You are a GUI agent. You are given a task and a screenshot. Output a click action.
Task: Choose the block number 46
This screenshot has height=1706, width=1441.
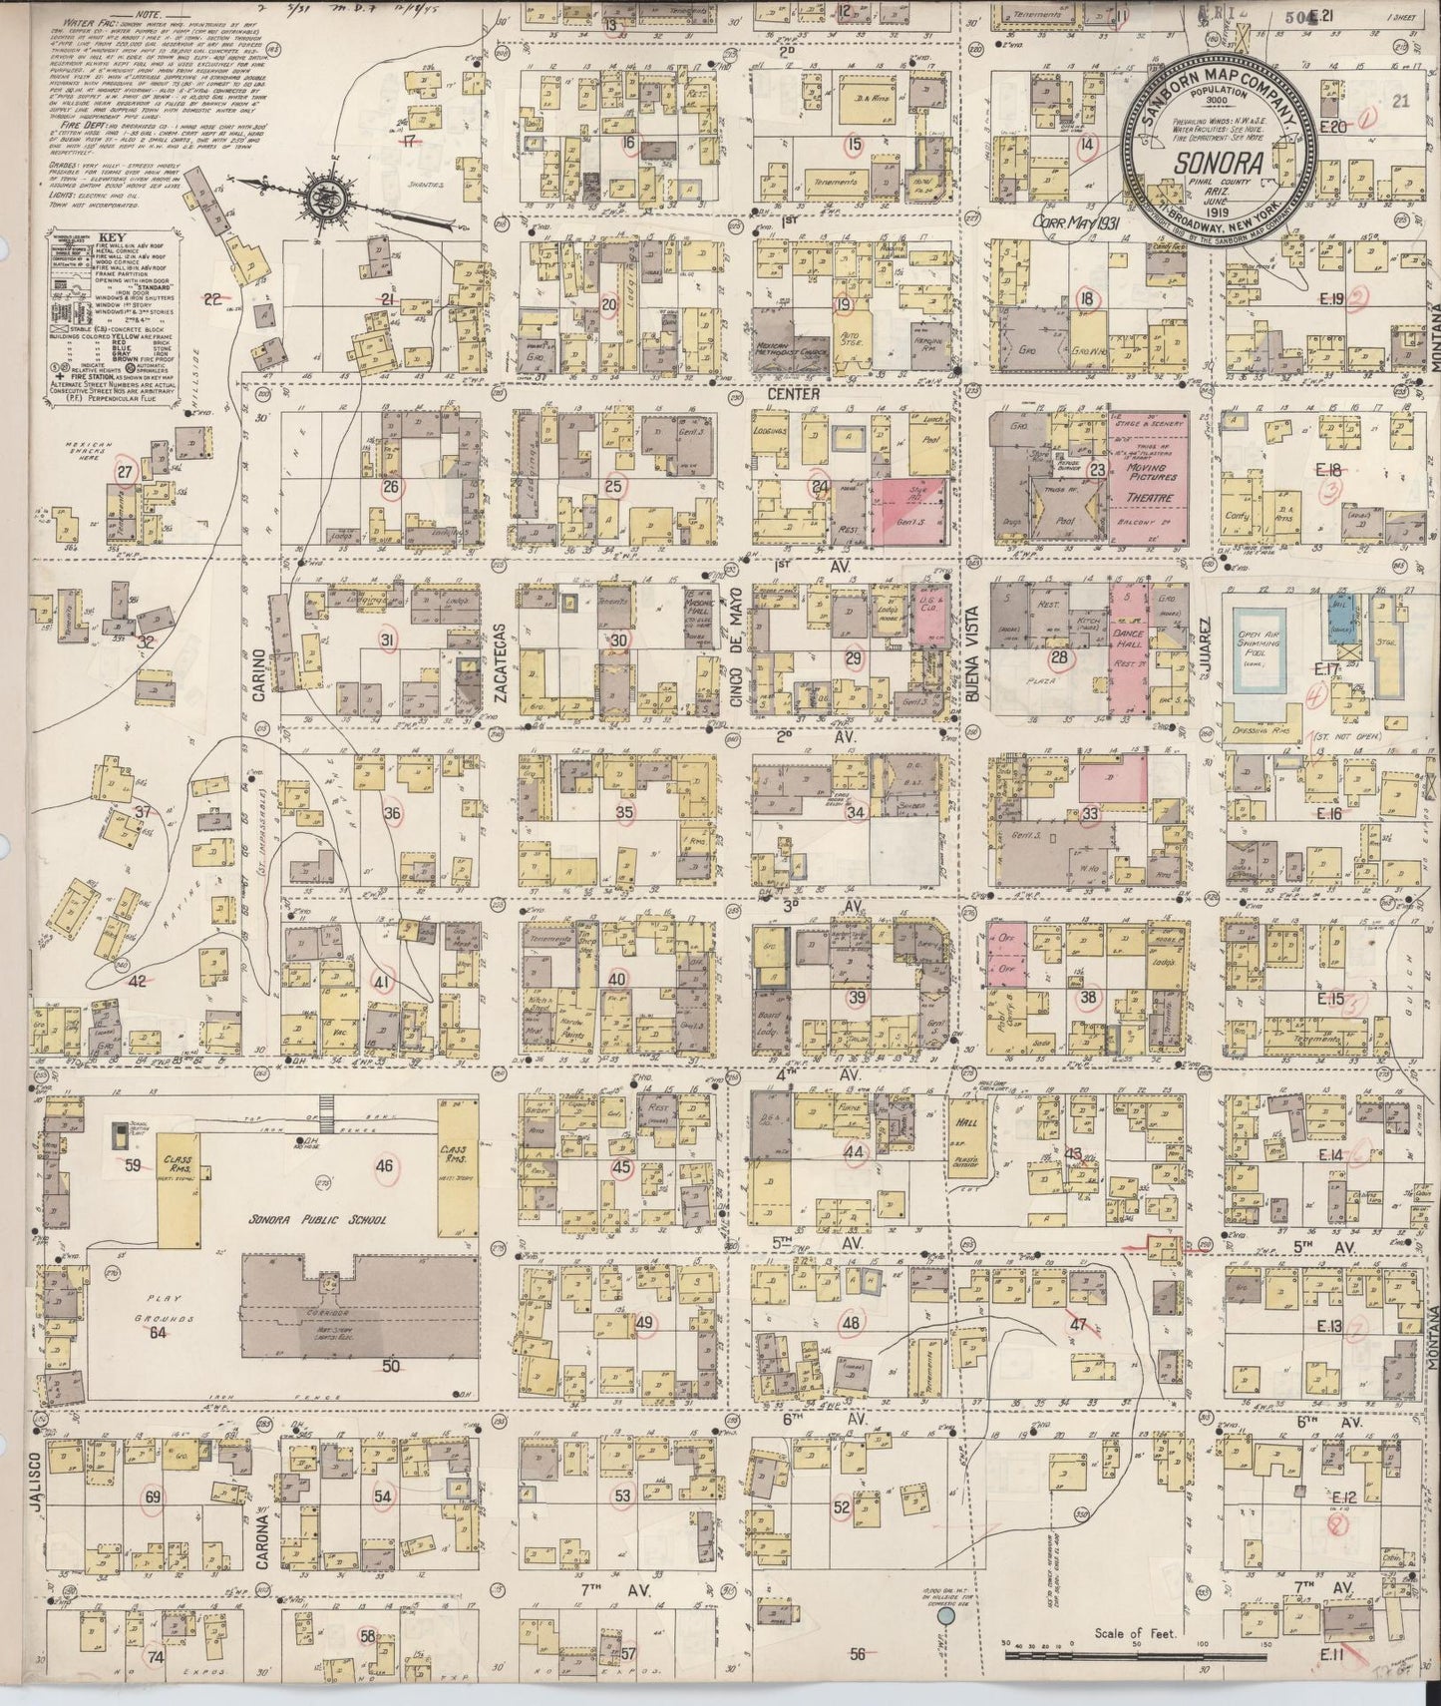click(384, 1164)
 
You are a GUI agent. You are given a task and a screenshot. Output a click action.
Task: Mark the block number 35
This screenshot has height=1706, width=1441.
click(624, 812)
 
